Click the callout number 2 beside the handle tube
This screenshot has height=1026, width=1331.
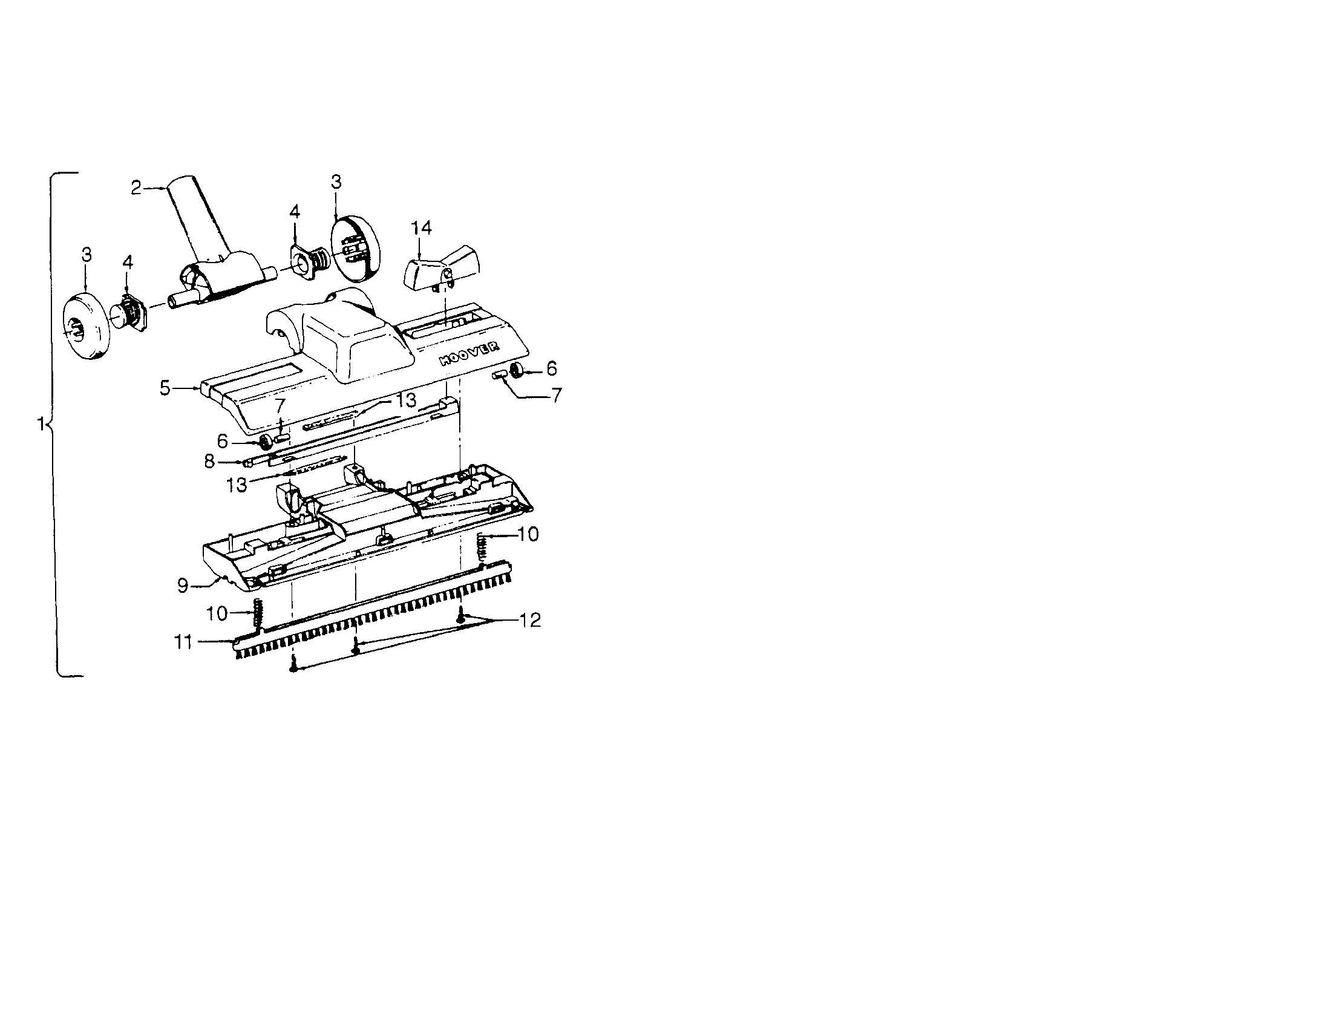136,188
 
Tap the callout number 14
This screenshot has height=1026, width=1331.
421,228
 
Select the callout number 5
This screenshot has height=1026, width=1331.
165,388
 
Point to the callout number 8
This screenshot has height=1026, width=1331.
209,462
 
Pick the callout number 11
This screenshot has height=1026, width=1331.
183,642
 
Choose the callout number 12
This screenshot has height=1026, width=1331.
530,620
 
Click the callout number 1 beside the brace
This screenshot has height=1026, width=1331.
41,423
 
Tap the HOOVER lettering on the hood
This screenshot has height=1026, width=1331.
469,353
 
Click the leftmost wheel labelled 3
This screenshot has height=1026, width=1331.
86,327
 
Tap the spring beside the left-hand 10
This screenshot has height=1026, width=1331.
258,614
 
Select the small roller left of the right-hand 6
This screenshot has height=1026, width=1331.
500,374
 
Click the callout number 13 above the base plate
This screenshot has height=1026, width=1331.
407,400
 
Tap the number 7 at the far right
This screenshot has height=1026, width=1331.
556,395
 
